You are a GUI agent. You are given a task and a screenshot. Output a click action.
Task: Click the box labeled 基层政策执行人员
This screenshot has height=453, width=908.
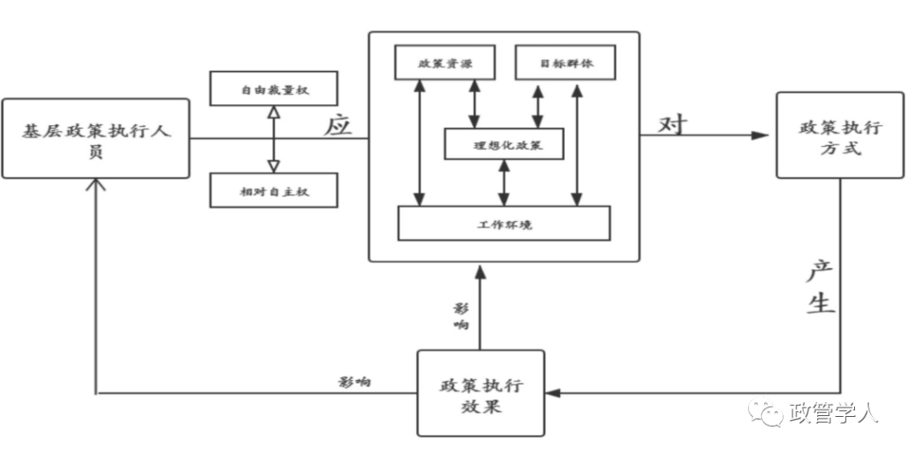click(96, 139)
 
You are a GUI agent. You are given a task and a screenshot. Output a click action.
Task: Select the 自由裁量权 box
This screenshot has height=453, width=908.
click(273, 88)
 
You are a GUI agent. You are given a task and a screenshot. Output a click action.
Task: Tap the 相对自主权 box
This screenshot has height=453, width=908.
click(273, 190)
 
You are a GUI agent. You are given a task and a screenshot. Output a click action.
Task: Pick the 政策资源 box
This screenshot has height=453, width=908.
click(445, 62)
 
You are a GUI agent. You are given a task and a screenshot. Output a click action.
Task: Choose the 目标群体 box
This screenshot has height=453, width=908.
click(566, 62)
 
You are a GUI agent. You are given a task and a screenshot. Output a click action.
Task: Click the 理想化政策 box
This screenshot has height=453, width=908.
click(504, 144)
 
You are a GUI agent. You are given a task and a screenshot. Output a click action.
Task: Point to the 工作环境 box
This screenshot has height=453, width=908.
click(504, 223)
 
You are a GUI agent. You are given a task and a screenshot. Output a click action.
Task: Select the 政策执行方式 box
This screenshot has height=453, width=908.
click(840, 134)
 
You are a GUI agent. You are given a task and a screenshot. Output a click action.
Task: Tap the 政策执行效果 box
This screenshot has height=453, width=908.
click(481, 392)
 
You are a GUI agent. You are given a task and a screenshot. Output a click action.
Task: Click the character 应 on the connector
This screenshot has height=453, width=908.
click(338, 125)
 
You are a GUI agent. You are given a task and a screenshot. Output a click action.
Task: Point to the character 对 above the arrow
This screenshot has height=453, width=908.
click(673, 124)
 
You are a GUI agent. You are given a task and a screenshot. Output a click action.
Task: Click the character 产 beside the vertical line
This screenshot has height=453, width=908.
click(820, 271)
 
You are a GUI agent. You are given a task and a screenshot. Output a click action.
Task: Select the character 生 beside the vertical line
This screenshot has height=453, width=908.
click(820, 302)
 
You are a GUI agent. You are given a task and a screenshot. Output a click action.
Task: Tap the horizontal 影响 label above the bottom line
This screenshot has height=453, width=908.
click(355, 382)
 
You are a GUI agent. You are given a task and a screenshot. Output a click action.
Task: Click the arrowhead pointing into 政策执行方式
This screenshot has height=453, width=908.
click(760, 135)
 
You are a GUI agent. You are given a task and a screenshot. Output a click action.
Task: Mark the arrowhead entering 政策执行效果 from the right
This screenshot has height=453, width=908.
click(553, 393)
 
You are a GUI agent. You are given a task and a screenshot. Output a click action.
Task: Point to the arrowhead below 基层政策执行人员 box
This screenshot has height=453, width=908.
click(96, 185)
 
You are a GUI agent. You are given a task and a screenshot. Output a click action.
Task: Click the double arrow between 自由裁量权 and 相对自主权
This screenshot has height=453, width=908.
click(274, 139)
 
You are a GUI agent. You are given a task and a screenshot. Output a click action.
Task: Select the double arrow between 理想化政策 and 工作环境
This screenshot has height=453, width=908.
click(504, 182)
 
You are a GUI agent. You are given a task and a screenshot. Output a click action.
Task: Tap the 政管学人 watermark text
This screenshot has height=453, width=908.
click(835, 413)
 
